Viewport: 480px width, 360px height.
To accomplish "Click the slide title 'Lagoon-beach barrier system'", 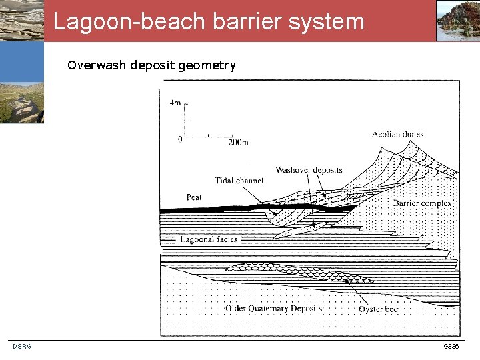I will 209,21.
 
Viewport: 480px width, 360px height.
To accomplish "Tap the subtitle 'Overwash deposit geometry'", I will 151,65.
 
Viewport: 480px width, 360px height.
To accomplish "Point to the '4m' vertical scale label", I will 175,103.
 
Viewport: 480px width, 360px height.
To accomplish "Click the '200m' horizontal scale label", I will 238,142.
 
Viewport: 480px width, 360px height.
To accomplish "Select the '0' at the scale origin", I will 180,139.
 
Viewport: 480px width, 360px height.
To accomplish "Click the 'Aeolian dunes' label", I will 397,134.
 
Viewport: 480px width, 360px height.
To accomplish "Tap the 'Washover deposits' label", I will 309,170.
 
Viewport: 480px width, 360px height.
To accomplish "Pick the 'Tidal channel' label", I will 239,181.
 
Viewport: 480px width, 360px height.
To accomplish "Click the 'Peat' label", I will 194,197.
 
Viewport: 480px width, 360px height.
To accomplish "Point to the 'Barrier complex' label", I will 422,203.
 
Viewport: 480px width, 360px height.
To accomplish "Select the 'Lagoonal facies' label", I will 208,239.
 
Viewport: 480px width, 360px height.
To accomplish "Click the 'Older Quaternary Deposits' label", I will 273,308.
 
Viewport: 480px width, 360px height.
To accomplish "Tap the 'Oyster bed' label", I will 378,309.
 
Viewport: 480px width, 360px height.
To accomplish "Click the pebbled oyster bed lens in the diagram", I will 300,271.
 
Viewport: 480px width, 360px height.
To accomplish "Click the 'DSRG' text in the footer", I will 22,347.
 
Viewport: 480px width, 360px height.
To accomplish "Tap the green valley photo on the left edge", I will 21,103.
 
